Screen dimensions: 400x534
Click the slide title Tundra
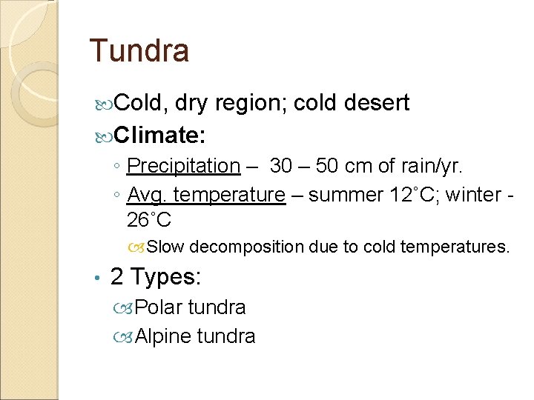tap(139, 50)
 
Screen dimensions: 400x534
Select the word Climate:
tap(160, 135)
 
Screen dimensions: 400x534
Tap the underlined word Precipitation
tap(184, 166)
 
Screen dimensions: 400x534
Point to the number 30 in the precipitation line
tap(281, 166)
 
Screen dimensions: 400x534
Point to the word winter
tap(470, 195)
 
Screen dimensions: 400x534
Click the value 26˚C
tap(149, 220)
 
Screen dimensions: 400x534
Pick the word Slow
tap(169, 247)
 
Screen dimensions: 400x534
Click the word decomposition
tap(257, 247)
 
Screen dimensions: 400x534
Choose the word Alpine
tap(162, 336)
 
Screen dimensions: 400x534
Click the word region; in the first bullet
tap(251, 103)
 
